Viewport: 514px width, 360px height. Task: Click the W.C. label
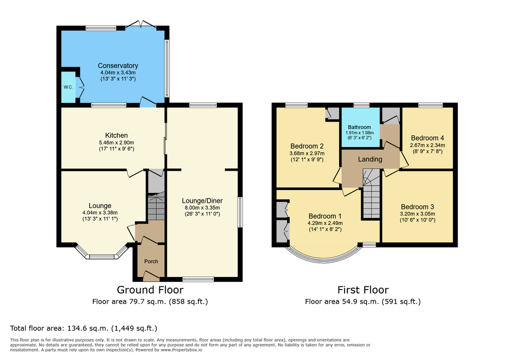(68, 87)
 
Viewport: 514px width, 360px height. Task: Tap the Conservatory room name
(118, 65)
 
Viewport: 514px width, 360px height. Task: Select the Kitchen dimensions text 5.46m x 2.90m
(116, 143)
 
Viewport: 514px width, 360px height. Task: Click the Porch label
(151, 261)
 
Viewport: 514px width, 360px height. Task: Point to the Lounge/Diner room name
(202, 200)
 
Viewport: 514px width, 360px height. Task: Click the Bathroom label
(360, 127)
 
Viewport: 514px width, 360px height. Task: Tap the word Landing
(370, 159)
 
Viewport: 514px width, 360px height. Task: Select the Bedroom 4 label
(428, 138)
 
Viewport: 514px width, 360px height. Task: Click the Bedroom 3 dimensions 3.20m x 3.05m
(418, 213)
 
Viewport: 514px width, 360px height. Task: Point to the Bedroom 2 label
(307, 146)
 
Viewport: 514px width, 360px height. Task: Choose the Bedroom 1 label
(325, 216)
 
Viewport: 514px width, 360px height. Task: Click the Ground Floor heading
(150, 290)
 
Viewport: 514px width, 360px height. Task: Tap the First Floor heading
(363, 290)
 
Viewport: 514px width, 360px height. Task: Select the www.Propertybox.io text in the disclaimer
(181, 350)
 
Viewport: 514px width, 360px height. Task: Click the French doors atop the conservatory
(141, 24)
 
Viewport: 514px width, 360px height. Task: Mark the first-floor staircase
(371, 193)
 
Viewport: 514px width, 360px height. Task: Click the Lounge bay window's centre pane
(101, 256)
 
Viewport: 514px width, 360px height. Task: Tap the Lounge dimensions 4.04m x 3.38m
(100, 212)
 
